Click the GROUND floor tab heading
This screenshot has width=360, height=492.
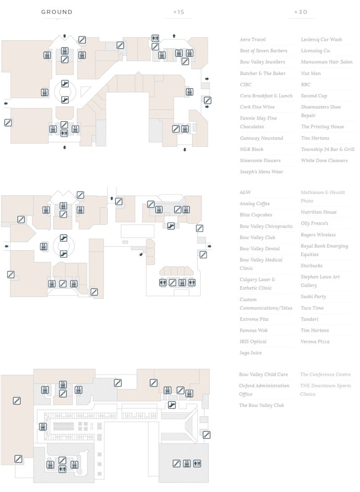(x=57, y=12)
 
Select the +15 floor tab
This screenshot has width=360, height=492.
(x=179, y=12)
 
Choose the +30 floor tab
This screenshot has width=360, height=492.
(x=301, y=12)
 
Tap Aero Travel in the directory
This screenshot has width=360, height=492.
(x=253, y=40)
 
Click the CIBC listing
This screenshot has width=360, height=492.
(x=246, y=85)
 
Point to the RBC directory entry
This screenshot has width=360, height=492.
(x=306, y=85)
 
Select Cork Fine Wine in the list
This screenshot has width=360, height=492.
(x=257, y=107)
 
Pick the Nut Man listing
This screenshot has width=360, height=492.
(x=311, y=73)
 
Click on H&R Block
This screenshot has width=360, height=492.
(x=252, y=149)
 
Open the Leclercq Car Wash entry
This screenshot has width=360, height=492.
(x=321, y=40)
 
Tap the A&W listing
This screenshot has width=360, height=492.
(x=245, y=192)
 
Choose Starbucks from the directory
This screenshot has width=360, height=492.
(x=311, y=266)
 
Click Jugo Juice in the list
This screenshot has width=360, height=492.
(x=251, y=353)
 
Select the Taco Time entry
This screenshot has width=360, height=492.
(x=312, y=308)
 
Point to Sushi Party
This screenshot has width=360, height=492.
(x=313, y=297)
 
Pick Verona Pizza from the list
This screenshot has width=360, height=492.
(x=315, y=342)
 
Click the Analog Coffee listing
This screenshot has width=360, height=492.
(x=255, y=204)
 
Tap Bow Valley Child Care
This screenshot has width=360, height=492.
(x=263, y=375)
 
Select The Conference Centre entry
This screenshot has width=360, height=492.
(x=325, y=375)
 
